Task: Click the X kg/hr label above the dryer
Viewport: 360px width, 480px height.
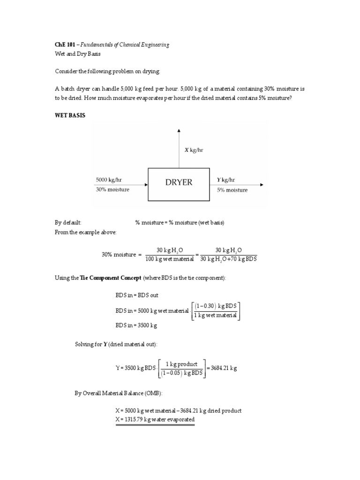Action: click(193, 150)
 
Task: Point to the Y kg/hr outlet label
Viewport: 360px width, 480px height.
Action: click(226, 180)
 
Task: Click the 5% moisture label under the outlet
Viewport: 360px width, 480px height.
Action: click(232, 190)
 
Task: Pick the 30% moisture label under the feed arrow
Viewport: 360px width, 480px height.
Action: click(113, 190)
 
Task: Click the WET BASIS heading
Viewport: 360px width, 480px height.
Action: click(70, 115)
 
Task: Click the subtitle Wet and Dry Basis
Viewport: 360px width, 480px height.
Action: click(78, 54)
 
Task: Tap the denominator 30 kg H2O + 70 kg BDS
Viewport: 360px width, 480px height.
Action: click(229, 259)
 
